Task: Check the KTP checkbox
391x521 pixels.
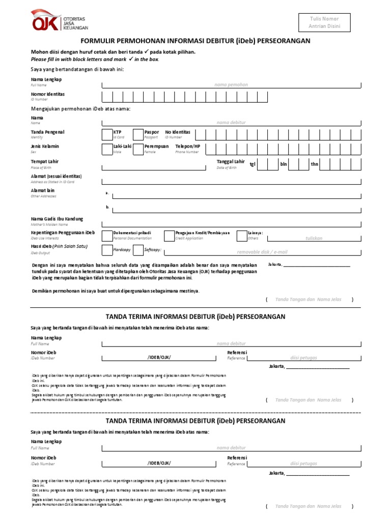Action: click(x=107, y=134)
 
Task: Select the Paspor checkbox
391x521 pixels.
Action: click(x=138, y=134)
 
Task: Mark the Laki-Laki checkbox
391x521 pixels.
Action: click(x=107, y=149)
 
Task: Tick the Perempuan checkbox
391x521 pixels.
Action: click(x=138, y=149)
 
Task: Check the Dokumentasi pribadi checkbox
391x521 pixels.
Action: click(x=107, y=235)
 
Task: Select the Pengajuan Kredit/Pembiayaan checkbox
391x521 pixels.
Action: click(x=169, y=235)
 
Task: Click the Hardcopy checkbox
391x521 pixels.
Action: click(x=107, y=250)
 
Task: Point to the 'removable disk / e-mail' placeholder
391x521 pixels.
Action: click(x=262, y=252)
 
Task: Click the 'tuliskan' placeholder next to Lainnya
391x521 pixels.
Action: click(x=314, y=238)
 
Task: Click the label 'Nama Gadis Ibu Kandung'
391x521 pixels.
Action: click(x=57, y=219)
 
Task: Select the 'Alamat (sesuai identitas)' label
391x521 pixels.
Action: click(x=56, y=176)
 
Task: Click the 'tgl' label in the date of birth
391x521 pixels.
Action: click(x=252, y=164)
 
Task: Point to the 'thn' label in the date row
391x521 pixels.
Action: click(x=314, y=164)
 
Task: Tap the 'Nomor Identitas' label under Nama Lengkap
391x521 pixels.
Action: click(x=48, y=94)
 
